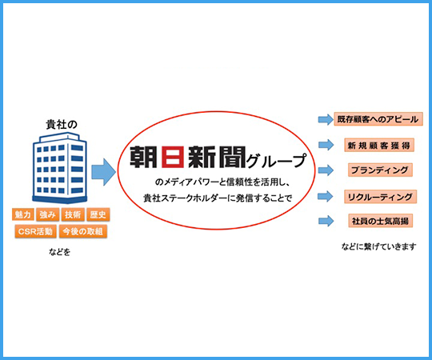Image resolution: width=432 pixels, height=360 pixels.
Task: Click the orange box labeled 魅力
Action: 23,214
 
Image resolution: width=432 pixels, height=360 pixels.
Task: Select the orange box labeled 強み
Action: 48,214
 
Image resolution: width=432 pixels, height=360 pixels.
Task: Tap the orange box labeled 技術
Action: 73,214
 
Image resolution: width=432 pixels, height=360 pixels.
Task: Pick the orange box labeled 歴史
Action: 98,214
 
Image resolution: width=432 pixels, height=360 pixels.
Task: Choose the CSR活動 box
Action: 36,231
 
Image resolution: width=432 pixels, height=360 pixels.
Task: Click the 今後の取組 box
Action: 83,231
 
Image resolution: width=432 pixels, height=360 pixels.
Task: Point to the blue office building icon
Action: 60,167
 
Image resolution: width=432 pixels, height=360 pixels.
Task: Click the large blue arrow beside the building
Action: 103,172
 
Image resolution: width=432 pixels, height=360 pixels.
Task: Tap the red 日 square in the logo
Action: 173,157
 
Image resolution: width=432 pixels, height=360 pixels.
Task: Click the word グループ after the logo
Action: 276,161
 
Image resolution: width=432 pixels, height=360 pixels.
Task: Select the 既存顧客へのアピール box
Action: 378,119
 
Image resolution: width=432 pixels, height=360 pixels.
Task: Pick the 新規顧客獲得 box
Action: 379,145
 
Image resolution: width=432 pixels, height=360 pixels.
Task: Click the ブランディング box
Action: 380,170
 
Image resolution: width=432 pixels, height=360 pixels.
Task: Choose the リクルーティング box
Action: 380,197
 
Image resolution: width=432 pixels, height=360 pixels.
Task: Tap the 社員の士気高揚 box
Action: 380,221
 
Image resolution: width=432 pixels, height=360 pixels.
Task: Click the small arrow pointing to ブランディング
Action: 326,170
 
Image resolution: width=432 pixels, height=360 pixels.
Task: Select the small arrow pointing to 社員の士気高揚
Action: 326,221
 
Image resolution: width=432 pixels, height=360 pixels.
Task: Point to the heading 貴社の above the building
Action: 62,125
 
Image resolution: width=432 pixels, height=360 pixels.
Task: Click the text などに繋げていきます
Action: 378,246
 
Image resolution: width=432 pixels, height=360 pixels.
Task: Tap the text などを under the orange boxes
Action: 59,251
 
